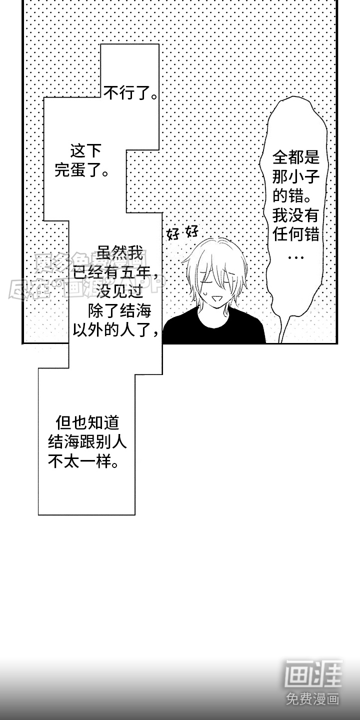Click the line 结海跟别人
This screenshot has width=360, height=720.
coord(87,443)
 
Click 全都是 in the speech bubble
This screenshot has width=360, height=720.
coord(295,158)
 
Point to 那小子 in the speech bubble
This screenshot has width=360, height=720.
coord(295,177)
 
